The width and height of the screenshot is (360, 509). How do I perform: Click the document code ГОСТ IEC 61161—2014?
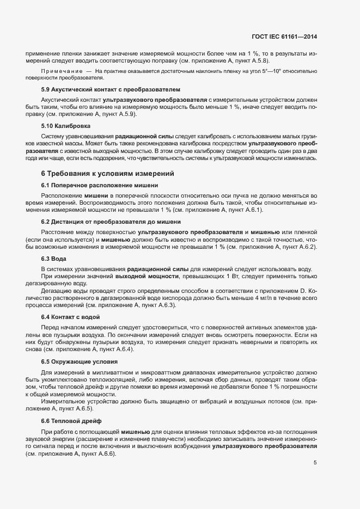(x=284, y=36)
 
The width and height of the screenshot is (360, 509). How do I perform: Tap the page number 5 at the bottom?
(x=315, y=463)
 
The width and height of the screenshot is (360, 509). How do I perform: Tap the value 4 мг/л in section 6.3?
(x=265, y=298)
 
